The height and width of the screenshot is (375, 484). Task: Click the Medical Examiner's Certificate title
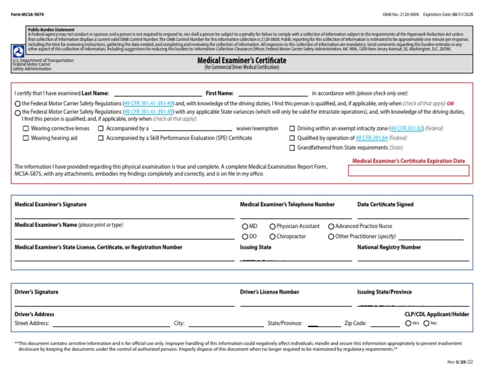point(241,61)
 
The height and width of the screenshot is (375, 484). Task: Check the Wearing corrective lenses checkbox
point(26,128)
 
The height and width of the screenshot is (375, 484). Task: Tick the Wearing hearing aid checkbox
point(26,138)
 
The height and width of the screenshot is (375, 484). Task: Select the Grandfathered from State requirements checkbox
point(292,148)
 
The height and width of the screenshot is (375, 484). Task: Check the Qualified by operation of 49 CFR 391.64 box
point(292,138)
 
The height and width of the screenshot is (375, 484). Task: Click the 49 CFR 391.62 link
point(406,128)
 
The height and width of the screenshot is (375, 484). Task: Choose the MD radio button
point(245,226)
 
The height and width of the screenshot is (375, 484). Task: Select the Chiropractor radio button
point(272,236)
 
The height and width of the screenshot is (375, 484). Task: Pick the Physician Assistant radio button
point(272,226)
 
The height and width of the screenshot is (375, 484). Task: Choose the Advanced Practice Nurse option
point(331,226)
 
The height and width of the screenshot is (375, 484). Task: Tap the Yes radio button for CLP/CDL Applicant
point(408,323)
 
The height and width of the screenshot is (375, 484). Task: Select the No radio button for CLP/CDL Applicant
point(427,323)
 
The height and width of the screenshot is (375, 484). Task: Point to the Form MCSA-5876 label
point(28,13)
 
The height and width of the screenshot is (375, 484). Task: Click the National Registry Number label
point(389,247)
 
